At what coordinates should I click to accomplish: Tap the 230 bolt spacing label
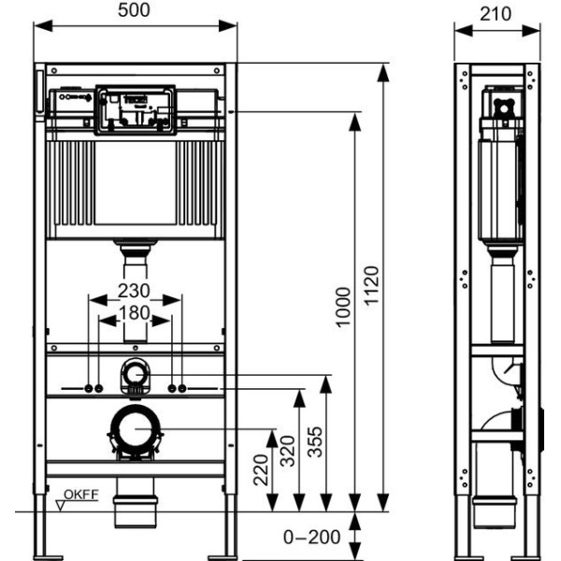pyautogui.click(x=135, y=291)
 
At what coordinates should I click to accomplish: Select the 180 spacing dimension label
pyautogui.click(x=135, y=311)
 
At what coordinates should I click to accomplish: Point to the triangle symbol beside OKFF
pyautogui.click(x=61, y=505)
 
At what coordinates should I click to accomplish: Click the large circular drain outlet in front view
pyautogui.click(x=136, y=433)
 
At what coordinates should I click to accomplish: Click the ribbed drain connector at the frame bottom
pyautogui.click(x=136, y=510)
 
